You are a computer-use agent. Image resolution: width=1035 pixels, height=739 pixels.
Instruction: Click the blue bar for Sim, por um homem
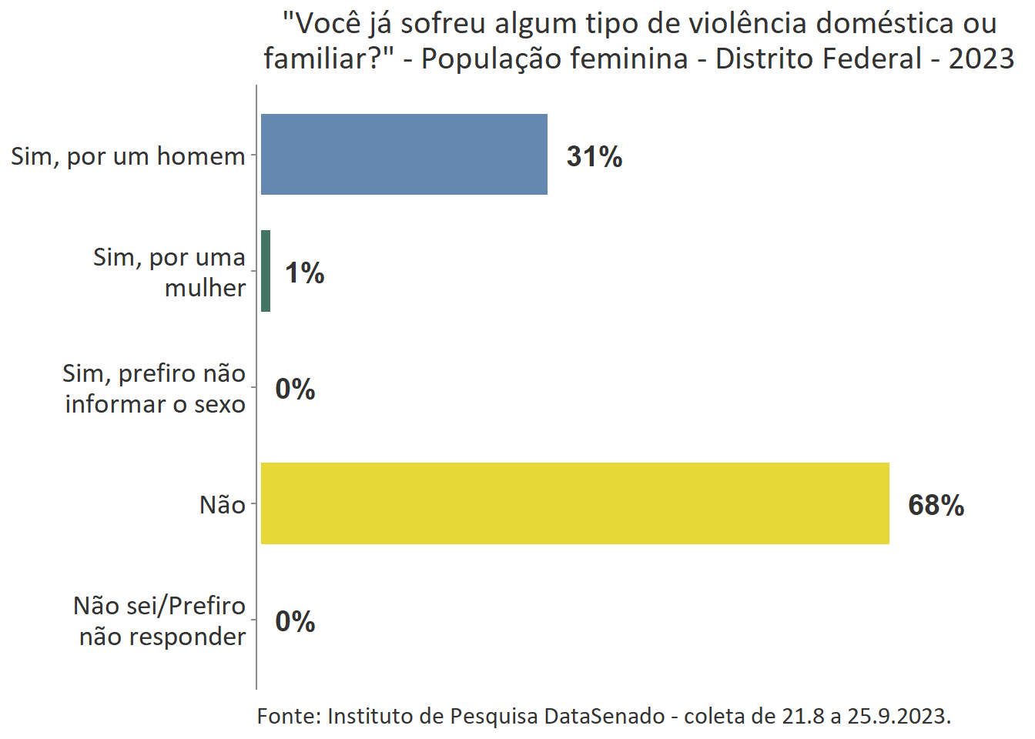click(x=404, y=154)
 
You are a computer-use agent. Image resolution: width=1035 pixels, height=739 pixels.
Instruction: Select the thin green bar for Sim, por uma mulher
click(x=266, y=271)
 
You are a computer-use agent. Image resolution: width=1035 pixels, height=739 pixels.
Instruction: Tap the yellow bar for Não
click(x=574, y=503)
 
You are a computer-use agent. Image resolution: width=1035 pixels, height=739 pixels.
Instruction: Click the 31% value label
click(x=594, y=156)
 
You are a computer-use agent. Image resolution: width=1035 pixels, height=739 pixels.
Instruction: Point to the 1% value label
click(x=304, y=273)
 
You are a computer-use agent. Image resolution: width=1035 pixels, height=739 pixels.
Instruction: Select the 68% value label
click(x=936, y=505)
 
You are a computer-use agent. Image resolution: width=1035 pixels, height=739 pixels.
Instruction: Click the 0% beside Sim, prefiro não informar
click(x=295, y=389)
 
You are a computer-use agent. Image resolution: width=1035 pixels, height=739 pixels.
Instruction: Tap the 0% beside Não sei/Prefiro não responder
click(x=295, y=621)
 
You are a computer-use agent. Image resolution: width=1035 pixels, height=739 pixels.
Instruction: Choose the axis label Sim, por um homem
click(x=128, y=155)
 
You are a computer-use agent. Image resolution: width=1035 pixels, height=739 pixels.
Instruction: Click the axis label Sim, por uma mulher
click(x=169, y=272)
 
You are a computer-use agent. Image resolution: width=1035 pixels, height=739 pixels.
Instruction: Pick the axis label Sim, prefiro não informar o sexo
click(x=154, y=388)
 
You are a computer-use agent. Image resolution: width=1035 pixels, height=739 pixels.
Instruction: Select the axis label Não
click(x=222, y=505)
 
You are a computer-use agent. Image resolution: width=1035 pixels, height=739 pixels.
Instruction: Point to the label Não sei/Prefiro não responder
click(x=160, y=620)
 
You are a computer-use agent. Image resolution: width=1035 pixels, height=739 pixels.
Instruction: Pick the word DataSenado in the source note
click(x=604, y=716)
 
